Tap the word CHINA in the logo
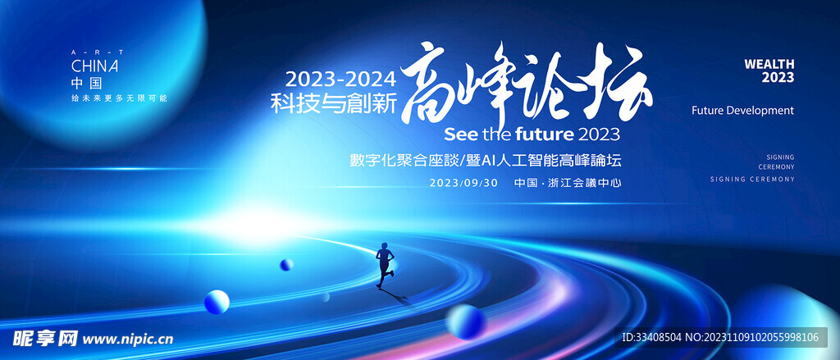pos(95,66)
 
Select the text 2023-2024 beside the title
pos(340,80)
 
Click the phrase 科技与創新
pos(333,103)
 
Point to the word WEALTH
pos(769,64)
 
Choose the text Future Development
pos(742,111)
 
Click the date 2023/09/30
pos(463,183)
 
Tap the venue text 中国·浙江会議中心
pos(568,183)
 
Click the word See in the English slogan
pos(462,134)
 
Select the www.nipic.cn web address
pos(127,339)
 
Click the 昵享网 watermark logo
pos(46,338)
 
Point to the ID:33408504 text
pos(651,338)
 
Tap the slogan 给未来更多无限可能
pos(120,98)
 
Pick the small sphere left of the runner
pos(286,265)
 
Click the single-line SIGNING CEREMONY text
pos(752,180)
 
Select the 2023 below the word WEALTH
pos(778,78)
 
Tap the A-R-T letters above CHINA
pos(98,52)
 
